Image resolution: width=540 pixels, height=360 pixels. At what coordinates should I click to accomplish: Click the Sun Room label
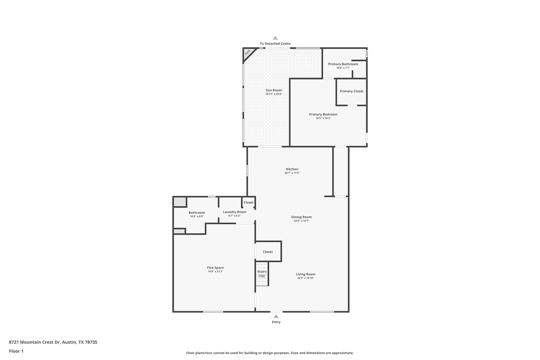pos(274,90)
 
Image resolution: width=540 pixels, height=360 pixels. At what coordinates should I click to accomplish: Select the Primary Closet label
pos(351,91)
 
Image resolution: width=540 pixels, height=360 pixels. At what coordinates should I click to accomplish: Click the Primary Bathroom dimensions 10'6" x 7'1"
pos(343,68)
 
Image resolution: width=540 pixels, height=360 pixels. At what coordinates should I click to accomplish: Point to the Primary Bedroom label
pos(323,114)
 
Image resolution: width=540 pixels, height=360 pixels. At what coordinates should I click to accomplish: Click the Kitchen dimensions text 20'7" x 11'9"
pos(292,173)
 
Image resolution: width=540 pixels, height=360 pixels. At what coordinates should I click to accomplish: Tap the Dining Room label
pos(301,217)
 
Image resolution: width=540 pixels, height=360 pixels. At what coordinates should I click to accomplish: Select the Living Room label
pos(305,274)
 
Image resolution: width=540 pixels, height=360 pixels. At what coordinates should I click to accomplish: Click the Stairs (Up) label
pos(262,273)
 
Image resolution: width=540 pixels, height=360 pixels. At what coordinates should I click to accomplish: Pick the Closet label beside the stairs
pos(268,252)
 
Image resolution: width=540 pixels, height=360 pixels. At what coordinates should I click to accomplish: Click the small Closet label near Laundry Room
pos(248,203)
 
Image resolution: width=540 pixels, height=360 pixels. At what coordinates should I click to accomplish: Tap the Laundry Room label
pos(234,212)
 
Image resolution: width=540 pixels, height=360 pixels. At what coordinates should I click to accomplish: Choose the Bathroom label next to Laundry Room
pos(197,213)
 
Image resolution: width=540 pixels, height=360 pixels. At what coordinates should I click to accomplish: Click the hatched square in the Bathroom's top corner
pos(180,202)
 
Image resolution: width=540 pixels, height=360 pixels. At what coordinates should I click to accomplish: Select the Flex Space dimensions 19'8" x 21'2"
pos(215,272)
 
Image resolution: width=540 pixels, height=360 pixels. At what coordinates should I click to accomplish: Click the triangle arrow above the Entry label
pos(276,316)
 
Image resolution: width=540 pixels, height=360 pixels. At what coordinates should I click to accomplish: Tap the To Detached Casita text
pos(275,44)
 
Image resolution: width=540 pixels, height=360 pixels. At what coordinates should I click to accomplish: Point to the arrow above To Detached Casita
pos(275,38)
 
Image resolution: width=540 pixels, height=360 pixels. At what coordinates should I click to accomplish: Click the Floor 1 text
pos(16,351)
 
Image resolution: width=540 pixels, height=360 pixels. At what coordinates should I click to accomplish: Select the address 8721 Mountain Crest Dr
pos(53,342)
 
